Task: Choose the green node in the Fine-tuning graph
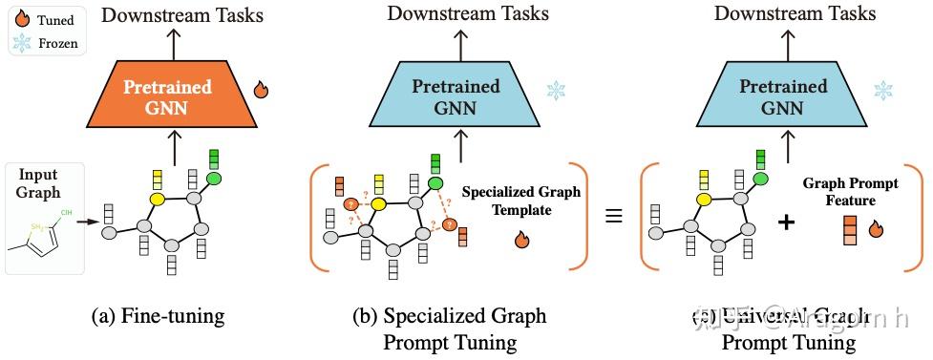click(214, 178)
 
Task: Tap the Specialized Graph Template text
click(520, 201)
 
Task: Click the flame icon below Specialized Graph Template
click(521, 240)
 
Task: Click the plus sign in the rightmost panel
click(786, 222)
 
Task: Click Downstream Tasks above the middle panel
click(467, 13)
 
